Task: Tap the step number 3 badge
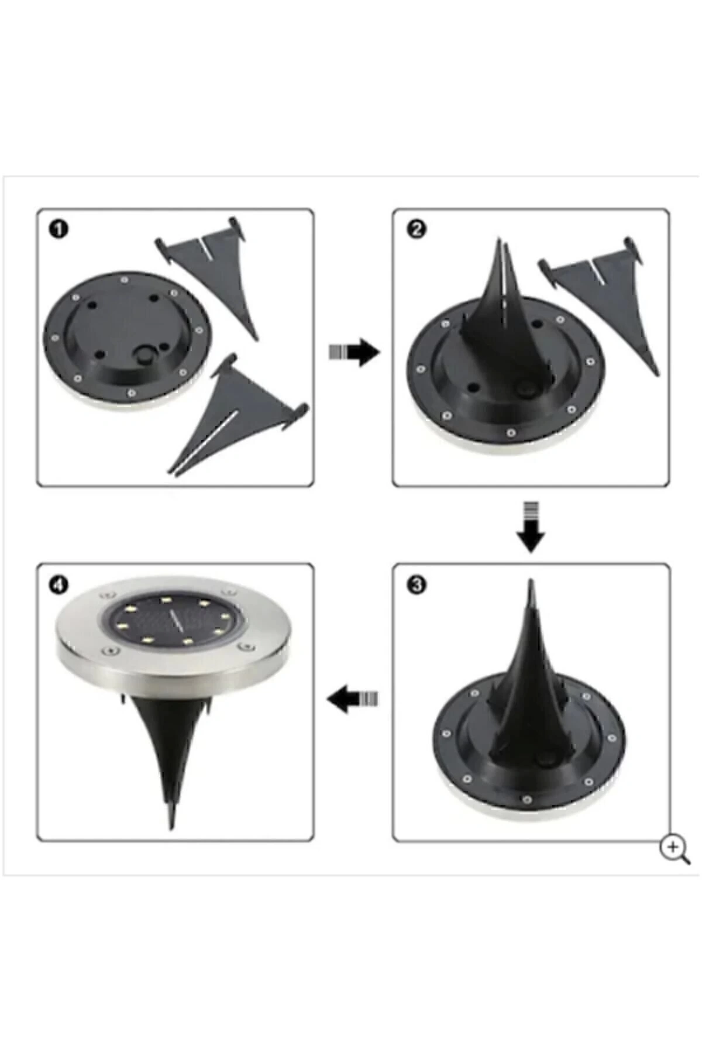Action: click(415, 585)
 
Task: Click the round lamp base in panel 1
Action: click(126, 339)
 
